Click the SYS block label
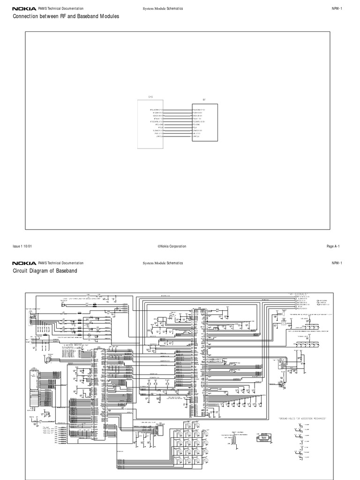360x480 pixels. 150,99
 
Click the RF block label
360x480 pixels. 204,100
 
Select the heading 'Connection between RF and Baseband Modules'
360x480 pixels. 66,16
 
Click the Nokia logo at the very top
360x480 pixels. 24,8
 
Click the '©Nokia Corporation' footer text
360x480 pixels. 172,246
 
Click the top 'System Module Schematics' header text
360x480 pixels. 163,8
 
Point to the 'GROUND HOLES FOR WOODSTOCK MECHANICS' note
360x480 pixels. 302,417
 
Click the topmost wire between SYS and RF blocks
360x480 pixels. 178,109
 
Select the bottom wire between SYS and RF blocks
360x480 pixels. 178,136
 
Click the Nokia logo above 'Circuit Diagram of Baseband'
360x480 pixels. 24,263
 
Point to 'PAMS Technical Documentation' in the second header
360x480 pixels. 61,263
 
